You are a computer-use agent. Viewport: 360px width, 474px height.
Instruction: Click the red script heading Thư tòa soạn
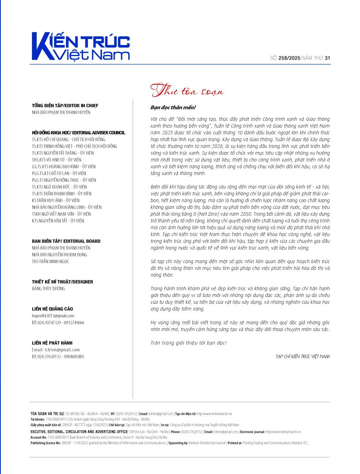click(187, 92)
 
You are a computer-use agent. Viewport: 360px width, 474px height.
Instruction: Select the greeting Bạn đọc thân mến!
click(173, 107)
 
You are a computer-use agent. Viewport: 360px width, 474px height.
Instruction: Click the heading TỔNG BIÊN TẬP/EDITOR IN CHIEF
click(65, 105)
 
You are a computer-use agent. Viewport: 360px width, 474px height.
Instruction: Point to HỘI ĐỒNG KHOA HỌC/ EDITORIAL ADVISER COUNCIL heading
click(78, 133)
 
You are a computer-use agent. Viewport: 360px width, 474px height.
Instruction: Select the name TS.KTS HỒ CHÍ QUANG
click(51, 139)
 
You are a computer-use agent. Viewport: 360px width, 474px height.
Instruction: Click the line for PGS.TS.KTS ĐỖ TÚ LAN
click(58, 173)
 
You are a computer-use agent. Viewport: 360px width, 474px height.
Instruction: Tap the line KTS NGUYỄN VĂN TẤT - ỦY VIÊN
click(58, 221)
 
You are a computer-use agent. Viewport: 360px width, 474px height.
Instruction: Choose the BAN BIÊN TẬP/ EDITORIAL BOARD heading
click(66, 241)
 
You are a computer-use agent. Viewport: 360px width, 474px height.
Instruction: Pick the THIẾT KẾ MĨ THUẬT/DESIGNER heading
click(62, 282)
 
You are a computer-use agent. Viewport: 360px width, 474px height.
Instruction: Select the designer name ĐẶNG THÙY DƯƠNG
click(49, 288)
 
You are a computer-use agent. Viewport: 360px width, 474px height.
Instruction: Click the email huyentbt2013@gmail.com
click(53, 316)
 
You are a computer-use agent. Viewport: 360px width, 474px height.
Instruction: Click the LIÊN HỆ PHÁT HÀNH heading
click(52, 343)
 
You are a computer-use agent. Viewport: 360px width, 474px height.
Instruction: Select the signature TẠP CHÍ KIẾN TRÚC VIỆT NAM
click(302, 356)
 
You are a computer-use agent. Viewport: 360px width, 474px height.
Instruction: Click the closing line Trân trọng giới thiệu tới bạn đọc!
click(189, 342)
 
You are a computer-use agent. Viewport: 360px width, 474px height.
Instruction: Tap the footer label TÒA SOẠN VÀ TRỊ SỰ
click(47, 413)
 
